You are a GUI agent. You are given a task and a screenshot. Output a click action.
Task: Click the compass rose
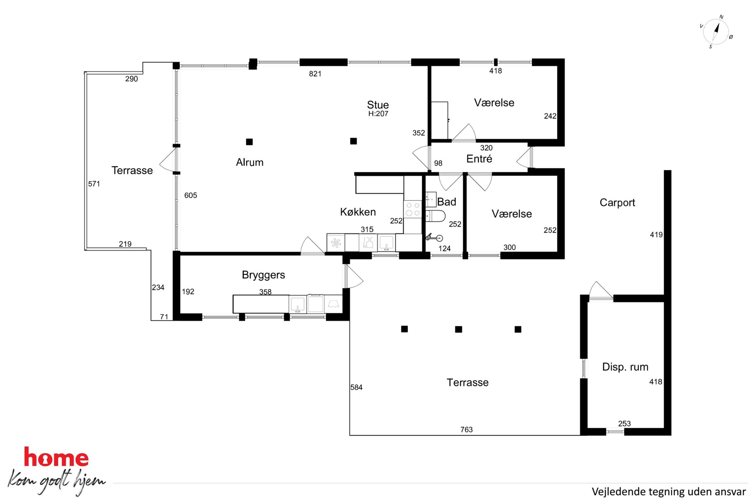point(716,32)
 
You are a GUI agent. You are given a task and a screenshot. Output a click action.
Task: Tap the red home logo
point(56,457)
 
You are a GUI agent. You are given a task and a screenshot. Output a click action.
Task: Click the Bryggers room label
point(263,275)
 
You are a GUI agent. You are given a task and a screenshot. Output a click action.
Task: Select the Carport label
point(617,203)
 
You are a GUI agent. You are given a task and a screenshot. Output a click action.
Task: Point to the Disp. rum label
point(625,367)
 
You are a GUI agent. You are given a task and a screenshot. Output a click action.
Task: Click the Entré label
point(479,159)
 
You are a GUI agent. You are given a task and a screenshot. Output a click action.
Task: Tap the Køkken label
point(358,212)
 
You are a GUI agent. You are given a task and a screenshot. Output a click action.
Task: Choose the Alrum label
point(250,162)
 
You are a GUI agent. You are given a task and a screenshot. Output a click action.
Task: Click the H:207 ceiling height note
point(378,114)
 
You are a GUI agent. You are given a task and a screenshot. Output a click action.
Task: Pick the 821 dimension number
point(315,74)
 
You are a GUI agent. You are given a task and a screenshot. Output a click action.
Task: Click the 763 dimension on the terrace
point(466,430)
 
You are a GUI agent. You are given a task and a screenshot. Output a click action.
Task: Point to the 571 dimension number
point(94,184)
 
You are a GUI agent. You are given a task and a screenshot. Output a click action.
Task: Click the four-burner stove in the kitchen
point(413,209)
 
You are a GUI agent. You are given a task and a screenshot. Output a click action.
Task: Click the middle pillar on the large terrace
point(459,329)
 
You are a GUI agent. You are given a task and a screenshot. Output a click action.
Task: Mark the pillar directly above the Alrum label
point(249,142)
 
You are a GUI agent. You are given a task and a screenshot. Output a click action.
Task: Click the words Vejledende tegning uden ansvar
point(668,492)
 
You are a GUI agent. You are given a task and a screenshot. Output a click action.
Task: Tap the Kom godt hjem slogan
point(56,482)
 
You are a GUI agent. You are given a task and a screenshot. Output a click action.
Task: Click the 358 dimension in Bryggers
point(265,292)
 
